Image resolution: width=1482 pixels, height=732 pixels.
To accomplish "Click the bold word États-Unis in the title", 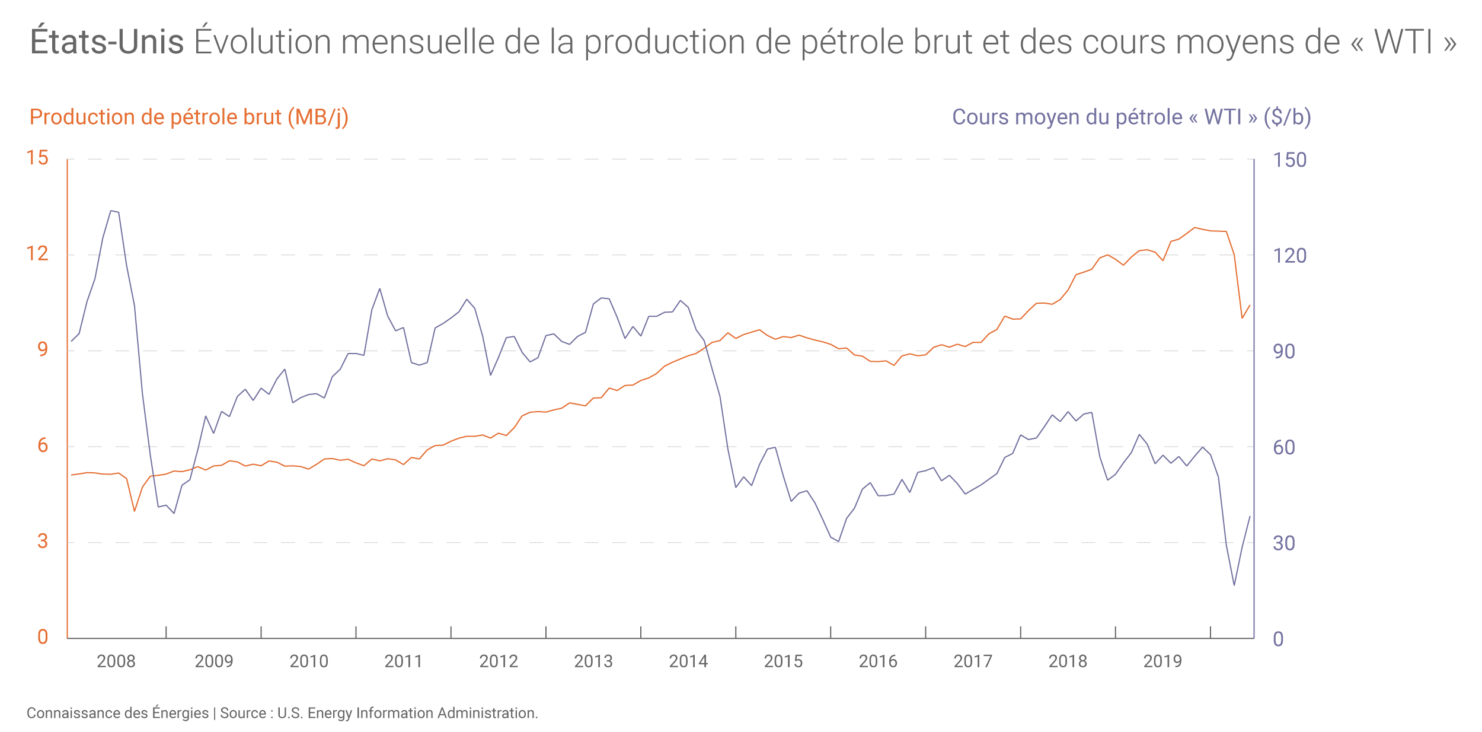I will (x=107, y=42).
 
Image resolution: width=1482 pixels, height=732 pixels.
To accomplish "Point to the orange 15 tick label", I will (x=37, y=158).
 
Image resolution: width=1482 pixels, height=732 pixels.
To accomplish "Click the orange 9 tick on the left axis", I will (x=42, y=349).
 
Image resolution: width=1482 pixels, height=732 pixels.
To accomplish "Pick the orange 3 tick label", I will (x=42, y=541).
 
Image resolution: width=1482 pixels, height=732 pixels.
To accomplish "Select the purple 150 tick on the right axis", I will (x=1289, y=160).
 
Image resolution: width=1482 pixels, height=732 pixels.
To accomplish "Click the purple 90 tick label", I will (x=1283, y=352).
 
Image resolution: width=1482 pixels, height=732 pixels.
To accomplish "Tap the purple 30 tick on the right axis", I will (x=1283, y=543).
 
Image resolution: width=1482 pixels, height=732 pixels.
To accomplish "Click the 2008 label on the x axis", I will (x=116, y=661).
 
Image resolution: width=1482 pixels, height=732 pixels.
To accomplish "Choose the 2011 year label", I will (x=403, y=661).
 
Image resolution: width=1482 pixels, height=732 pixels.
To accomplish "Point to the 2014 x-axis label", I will (x=688, y=661).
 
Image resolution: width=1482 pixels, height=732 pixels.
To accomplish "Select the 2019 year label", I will (x=1162, y=661).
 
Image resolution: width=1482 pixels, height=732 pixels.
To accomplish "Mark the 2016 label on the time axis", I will (x=878, y=661).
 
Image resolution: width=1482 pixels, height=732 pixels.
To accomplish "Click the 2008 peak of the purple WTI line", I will (x=111, y=211).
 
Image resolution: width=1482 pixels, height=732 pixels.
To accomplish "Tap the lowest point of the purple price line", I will (x=1234, y=585).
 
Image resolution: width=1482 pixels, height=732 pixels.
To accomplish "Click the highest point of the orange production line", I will (x=1194, y=227).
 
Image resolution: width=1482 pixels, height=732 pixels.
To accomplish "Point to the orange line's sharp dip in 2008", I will (x=135, y=511).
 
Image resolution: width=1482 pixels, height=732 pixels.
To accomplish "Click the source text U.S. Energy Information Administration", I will (x=407, y=713).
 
